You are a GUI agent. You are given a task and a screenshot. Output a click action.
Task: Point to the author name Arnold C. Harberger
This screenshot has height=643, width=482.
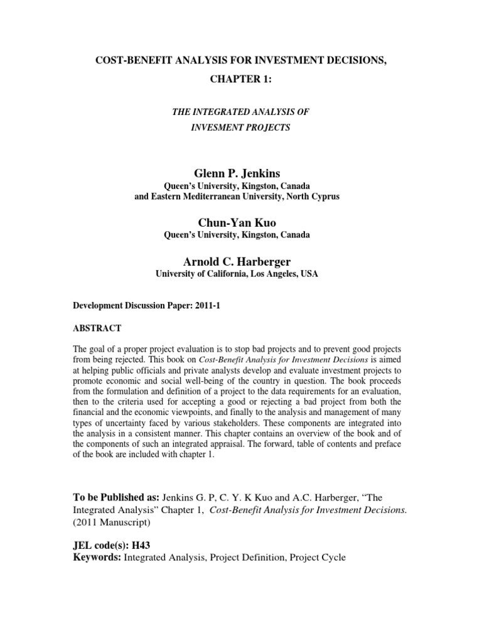(241, 261)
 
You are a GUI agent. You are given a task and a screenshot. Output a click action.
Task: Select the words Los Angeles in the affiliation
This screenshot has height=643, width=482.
(259, 274)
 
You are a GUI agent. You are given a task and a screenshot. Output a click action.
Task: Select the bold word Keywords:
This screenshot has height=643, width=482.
(99, 557)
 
